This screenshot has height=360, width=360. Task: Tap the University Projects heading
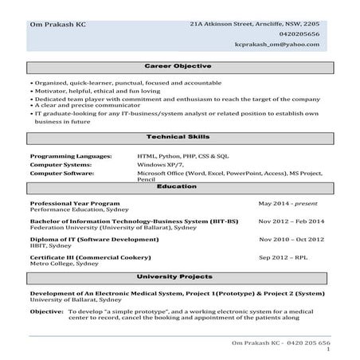coord(177,276)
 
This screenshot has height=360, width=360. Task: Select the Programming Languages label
coord(71,157)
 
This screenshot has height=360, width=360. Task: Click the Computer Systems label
coord(61,165)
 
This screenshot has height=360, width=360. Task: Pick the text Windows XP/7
coord(159,165)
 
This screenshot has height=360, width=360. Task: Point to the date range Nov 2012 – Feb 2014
coord(292,222)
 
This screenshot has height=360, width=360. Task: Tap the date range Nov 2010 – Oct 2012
coord(292,240)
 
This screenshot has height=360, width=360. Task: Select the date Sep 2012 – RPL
coord(283,258)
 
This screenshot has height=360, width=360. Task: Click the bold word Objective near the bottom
coord(46,313)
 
